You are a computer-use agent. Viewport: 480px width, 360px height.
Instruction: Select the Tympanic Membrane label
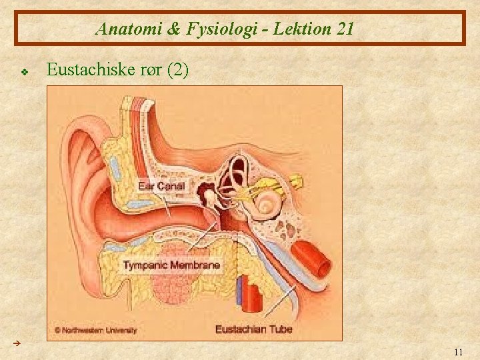point(171,265)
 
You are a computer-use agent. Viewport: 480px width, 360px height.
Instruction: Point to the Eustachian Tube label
point(254,329)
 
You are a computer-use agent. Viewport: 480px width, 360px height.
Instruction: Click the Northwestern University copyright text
point(96,329)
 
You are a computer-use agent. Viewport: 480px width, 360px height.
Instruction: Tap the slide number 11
point(457,351)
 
